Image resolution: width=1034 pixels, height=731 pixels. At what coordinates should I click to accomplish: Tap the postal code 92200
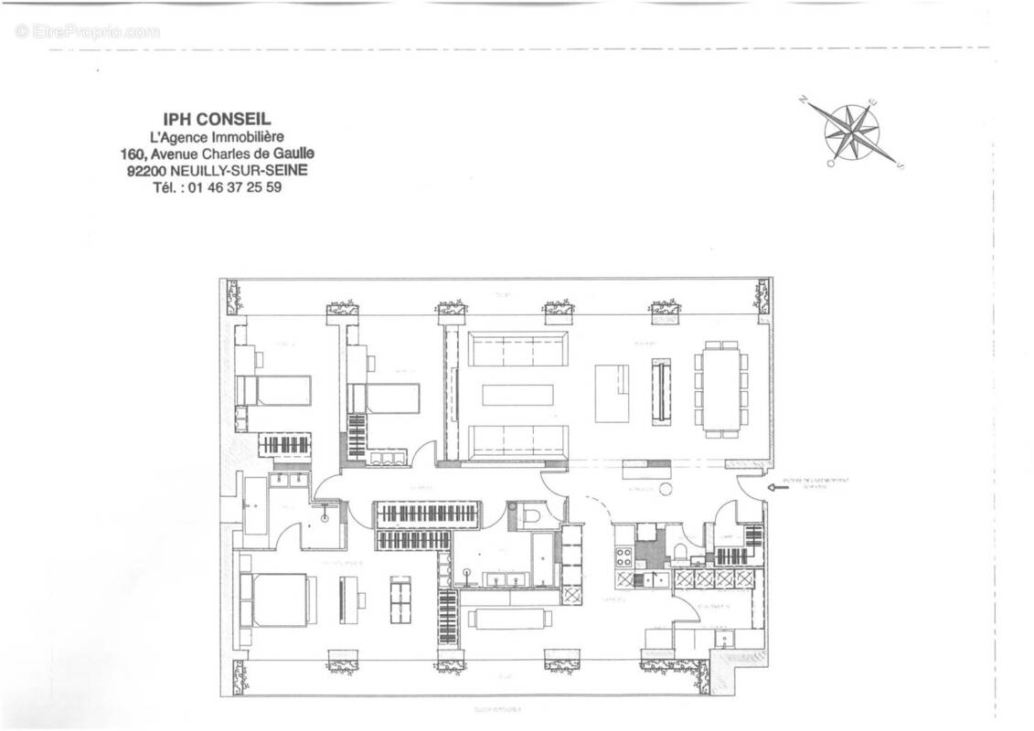click(149, 170)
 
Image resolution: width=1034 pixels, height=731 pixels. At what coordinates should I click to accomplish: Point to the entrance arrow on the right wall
click(780, 488)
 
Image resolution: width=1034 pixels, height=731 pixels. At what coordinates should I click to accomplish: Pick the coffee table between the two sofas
click(517, 395)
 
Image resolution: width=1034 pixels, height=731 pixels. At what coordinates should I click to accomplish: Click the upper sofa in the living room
click(517, 349)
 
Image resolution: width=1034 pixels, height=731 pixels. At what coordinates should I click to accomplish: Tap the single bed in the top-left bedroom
click(274, 390)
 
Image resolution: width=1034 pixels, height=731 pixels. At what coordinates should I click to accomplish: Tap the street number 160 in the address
click(133, 153)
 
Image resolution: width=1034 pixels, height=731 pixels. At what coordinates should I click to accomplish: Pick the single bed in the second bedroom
click(383, 398)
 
